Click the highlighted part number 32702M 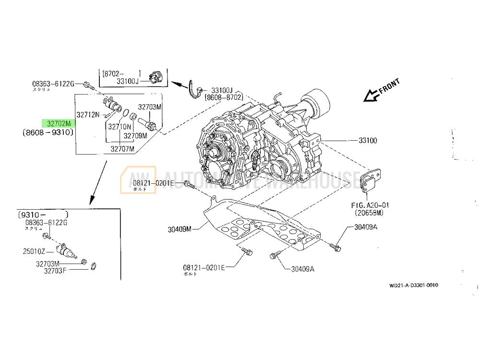pyautogui.click(x=59, y=123)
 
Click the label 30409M pyautogui.click(x=180, y=229)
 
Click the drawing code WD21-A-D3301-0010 pyautogui.click(x=413, y=285)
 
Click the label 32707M pyautogui.click(x=122, y=149)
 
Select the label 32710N pyautogui.click(x=119, y=127)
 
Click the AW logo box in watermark pyautogui.click(x=138, y=180)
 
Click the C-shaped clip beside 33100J pyautogui.click(x=195, y=90)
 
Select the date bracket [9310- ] pyautogui.click(x=42, y=214)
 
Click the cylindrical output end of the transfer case pyautogui.click(x=319, y=102)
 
